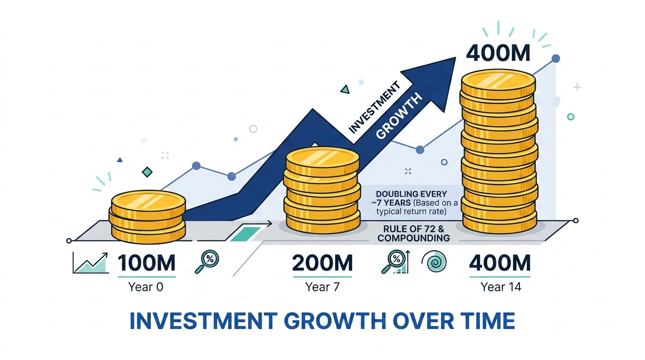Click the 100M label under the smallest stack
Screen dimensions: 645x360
click(x=147, y=263)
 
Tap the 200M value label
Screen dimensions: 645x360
click(x=322, y=263)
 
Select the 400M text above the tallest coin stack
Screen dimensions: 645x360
click(x=498, y=53)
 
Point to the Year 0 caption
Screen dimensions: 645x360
click(x=146, y=287)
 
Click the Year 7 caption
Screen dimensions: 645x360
click(x=322, y=287)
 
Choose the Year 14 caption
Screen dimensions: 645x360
click(x=501, y=287)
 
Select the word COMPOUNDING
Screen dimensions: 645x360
click(x=414, y=238)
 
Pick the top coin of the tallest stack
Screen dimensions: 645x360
click(x=498, y=82)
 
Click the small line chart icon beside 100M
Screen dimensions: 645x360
click(x=90, y=262)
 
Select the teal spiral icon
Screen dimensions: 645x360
click(x=435, y=262)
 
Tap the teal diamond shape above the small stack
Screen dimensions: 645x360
click(x=147, y=172)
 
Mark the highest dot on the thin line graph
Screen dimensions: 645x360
click(x=556, y=59)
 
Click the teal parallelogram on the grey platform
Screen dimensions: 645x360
click(x=246, y=234)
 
